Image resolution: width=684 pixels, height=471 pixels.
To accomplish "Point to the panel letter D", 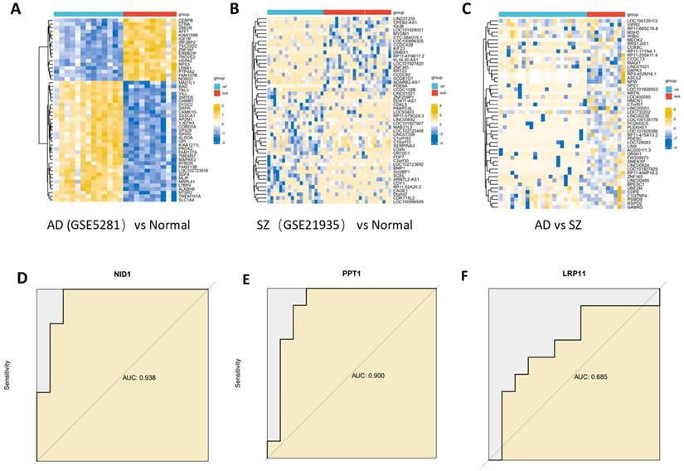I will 14,276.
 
